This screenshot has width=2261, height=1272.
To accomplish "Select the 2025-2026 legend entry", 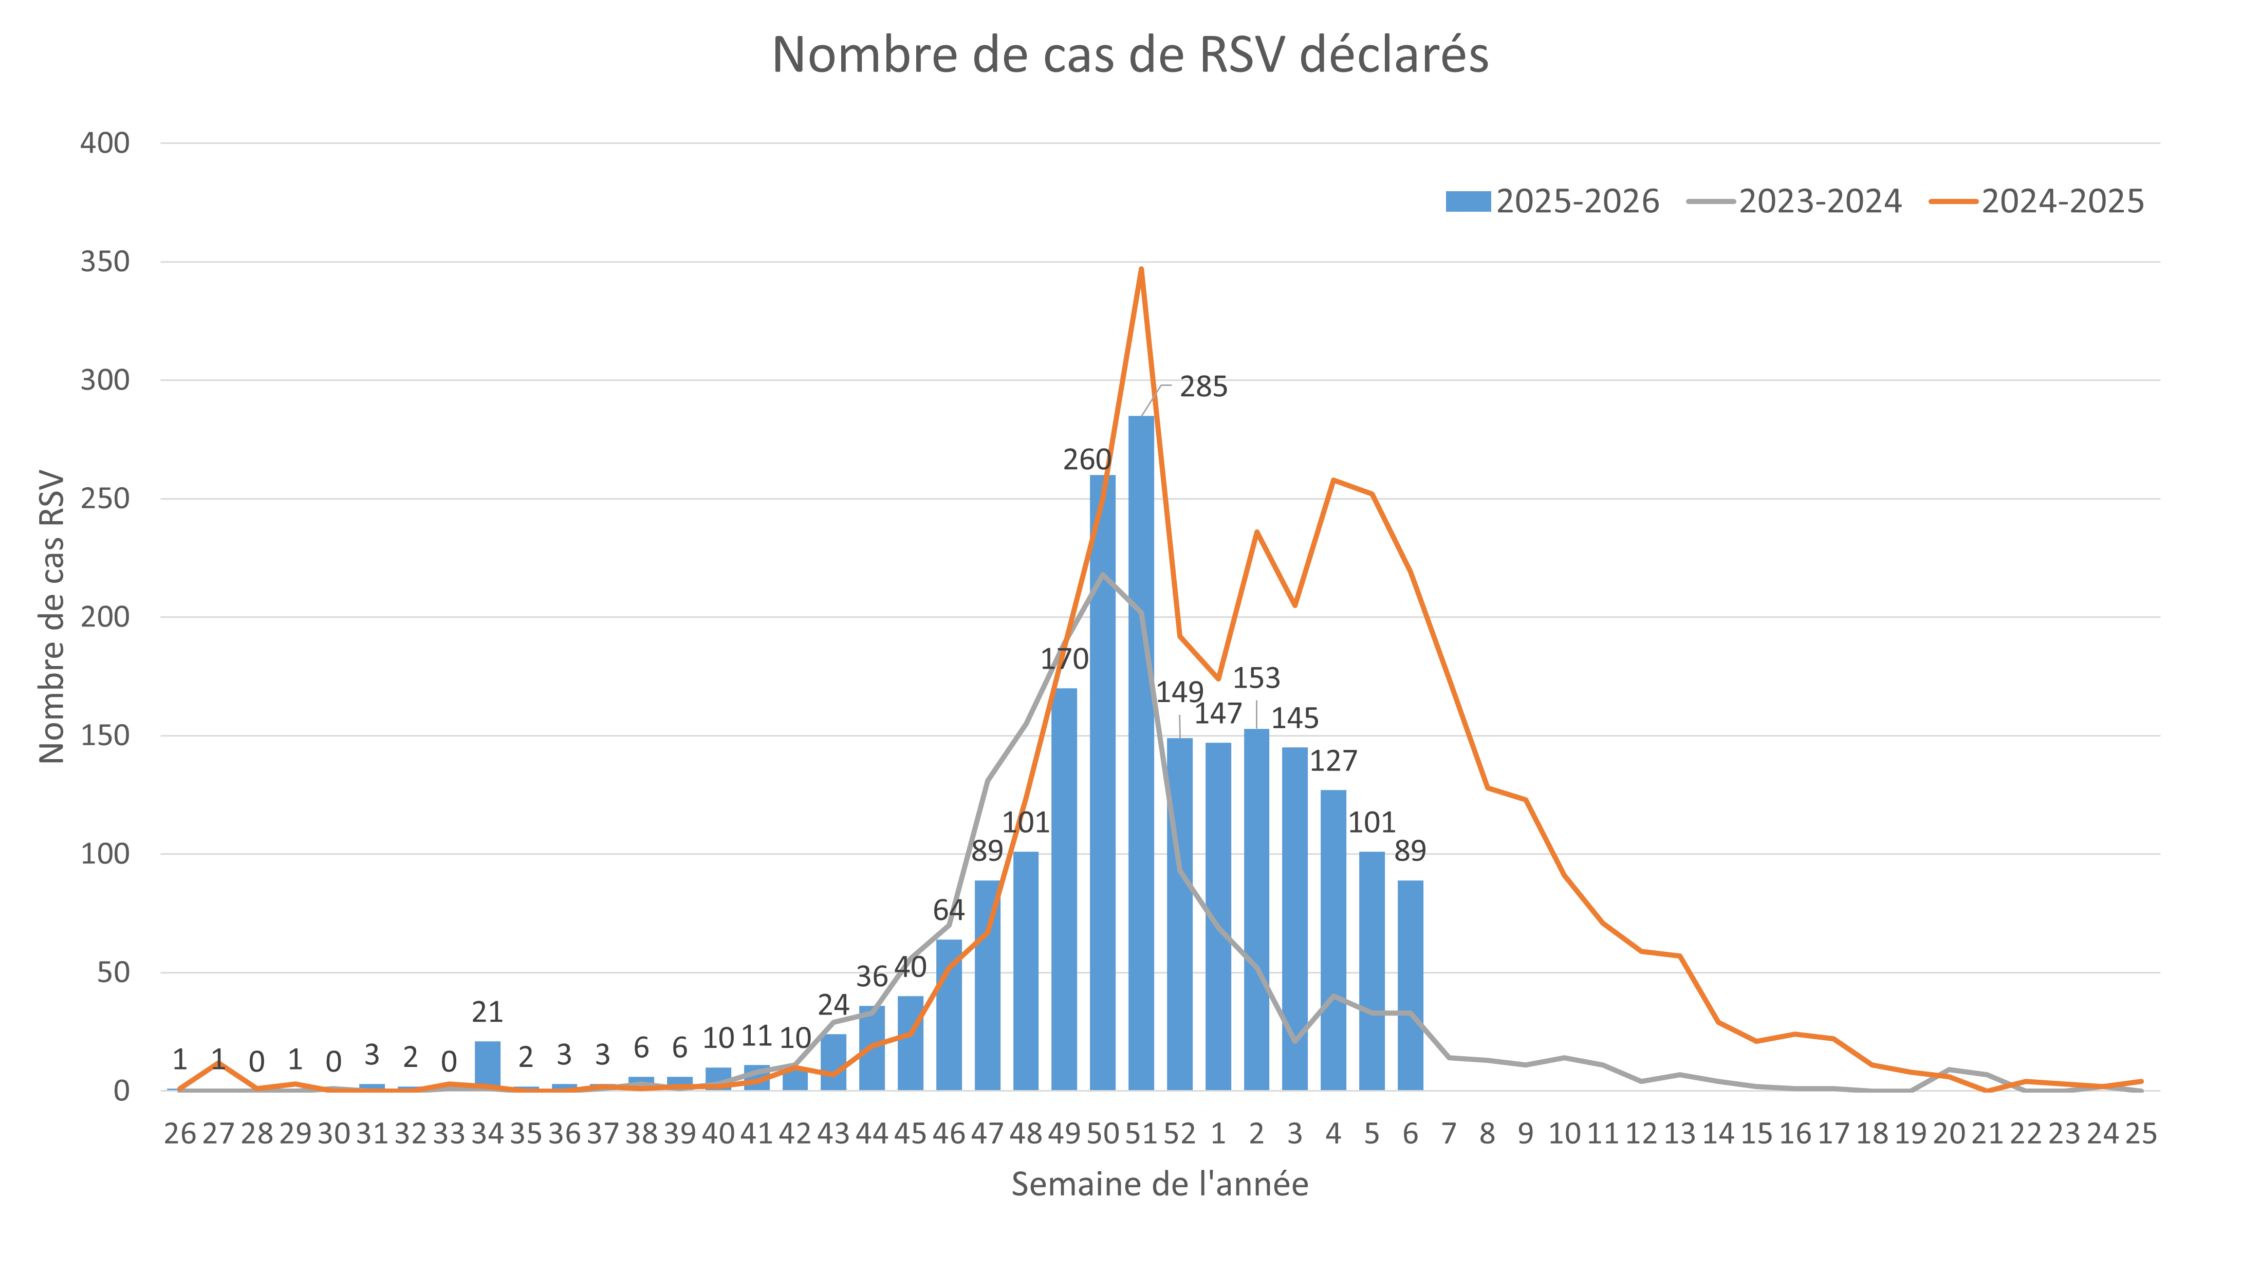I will [x=1553, y=202].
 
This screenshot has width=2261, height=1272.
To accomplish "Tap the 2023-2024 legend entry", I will [x=1795, y=202].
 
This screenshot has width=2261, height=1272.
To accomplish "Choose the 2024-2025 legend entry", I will [x=2037, y=202].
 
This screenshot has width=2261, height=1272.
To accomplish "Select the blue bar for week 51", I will [x=1141, y=755].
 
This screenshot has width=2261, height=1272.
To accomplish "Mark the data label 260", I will [x=1087, y=460].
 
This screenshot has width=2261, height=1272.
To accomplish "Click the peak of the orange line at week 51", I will [x=1141, y=269].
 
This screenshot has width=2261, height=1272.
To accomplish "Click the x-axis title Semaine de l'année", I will [x=1159, y=1184].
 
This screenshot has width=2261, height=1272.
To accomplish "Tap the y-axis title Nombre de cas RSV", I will [x=52, y=617].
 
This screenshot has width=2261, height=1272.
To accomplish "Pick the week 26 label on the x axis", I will [x=180, y=1134].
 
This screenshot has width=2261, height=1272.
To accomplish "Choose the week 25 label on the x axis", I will [x=2141, y=1134].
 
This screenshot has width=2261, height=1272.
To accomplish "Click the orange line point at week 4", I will [x=1333, y=480].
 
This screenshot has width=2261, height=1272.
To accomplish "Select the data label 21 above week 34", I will [x=487, y=1013].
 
